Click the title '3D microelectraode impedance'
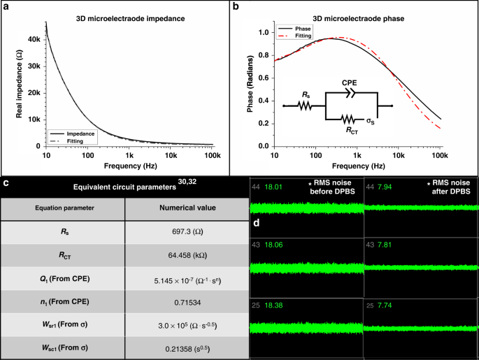click(131, 17)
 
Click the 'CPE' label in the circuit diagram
click(350, 82)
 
